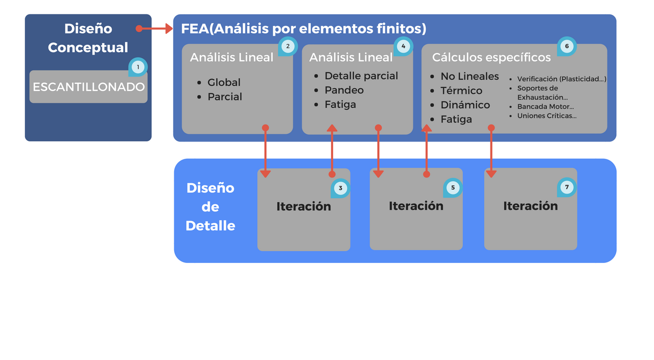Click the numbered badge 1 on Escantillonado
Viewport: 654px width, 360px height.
137,67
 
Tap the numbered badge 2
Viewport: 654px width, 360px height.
288,46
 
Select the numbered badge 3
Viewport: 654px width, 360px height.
340,188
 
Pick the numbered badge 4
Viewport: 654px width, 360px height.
403,46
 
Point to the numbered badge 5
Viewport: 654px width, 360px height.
453,187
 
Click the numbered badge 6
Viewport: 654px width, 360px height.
567,46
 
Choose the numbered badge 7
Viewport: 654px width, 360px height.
567,187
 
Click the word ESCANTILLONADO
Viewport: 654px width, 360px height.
88,87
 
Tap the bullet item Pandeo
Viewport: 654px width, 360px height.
344,90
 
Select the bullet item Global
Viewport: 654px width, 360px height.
224,82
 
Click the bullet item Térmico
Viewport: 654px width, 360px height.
461,91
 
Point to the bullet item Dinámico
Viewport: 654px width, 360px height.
465,105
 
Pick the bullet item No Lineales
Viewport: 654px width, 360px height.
470,77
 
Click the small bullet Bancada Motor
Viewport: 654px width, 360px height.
545,107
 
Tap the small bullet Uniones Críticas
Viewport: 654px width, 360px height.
547,116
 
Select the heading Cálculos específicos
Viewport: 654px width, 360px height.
492,57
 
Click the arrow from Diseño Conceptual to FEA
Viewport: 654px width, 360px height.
155,29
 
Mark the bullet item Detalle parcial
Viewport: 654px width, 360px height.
361,76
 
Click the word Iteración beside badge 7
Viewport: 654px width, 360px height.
530,206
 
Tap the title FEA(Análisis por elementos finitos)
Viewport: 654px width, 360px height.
303,29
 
